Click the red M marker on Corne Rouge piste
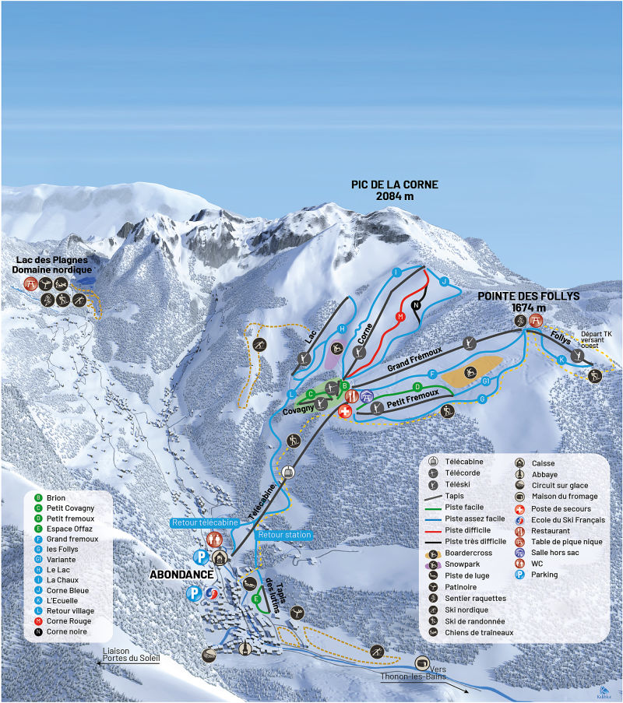[x=399, y=317]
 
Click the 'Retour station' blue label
[x=283, y=536]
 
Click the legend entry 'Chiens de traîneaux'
[x=478, y=632]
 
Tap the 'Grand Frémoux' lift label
[x=414, y=359]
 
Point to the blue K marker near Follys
[x=561, y=360]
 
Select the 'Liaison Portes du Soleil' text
[x=131, y=655]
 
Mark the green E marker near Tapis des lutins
[x=255, y=599]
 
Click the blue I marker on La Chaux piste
[x=396, y=272]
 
